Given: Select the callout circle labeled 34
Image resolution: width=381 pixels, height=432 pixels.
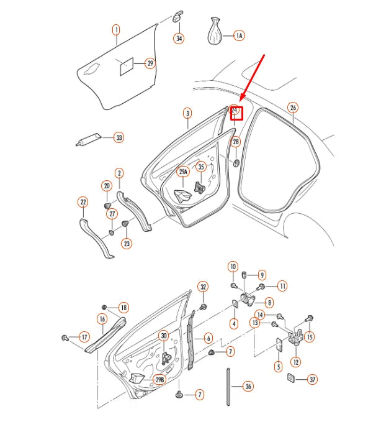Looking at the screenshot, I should click(179, 39).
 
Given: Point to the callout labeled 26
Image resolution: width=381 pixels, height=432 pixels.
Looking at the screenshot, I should click(293, 108).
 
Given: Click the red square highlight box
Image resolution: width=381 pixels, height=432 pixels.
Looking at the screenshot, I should click(236, 113).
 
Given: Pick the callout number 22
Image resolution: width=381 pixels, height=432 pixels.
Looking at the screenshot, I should click(83, 201).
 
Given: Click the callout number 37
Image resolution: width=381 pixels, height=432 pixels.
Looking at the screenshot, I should click(312, 379).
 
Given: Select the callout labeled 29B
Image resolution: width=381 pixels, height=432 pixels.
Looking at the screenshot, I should click(159, 379).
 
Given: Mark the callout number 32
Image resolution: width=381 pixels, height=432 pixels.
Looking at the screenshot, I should click(203, 287).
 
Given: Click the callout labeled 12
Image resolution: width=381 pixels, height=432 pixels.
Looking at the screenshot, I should click(296, 362).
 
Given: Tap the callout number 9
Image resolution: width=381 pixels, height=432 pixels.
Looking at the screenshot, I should click(262, 274).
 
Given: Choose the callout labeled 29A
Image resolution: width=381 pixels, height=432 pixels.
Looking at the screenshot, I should click(183, 172).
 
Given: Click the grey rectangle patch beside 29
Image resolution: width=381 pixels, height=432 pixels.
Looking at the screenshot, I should click(126, 66).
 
